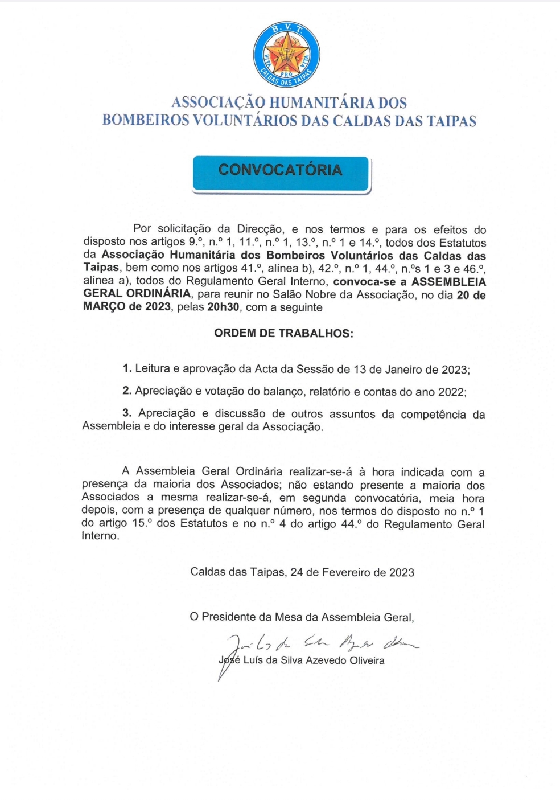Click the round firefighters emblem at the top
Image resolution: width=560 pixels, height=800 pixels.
(x=286, y=55)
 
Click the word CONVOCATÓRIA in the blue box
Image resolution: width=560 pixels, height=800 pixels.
(x=281, y=170)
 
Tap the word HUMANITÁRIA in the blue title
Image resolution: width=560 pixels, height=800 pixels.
(x=322, y=103)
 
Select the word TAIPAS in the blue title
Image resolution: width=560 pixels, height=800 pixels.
(x=449, y=121)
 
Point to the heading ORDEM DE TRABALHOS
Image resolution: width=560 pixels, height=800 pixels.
(x=283, y=334)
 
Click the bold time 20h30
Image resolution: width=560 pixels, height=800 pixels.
(x=223, y=307)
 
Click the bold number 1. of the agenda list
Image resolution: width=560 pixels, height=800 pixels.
(x=127, y=368)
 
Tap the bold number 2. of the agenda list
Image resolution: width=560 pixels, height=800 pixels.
(x=127, y=391)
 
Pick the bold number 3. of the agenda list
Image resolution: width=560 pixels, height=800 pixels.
(x=127, y=413)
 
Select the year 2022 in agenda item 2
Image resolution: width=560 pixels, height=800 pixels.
(x=451, y=392)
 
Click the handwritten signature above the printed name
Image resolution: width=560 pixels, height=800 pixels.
(x=319, y=644)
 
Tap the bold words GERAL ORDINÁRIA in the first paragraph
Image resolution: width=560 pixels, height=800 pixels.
(x=137, y=294)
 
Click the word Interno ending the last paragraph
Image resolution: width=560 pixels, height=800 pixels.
(x=100, y=536)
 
